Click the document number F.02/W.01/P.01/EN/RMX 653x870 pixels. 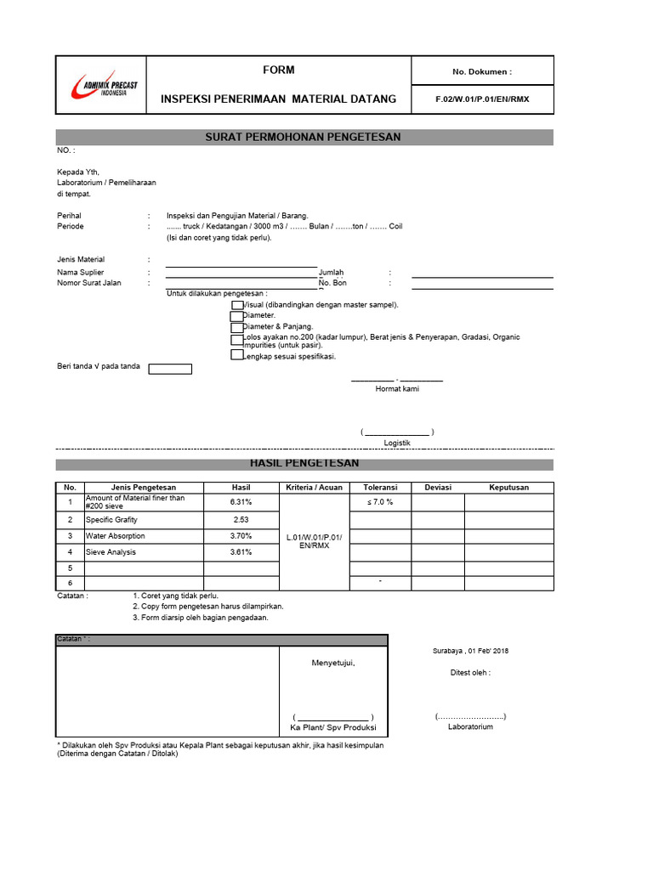click(482, 99)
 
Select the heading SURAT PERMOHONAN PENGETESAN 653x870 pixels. click(304, 137)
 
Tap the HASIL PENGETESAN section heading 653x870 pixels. click(304, 464)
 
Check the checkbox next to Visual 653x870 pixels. click(236, 304)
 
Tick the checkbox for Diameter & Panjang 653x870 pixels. click(236, 326)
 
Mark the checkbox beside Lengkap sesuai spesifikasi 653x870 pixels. click(236, 356)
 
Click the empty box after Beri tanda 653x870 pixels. click(170, 369)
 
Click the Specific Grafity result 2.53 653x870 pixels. click(241, 519)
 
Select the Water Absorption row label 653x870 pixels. click(115, 536)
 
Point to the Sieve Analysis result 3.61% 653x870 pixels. click(241, 552)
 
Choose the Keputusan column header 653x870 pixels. click(508, 488)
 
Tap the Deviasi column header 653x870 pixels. click(437, 488)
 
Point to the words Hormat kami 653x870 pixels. click(397, 388)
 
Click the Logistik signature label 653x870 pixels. click(397, 443)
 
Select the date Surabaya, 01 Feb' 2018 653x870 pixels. click(471, 651)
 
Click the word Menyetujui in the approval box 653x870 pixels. click(332, 663)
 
